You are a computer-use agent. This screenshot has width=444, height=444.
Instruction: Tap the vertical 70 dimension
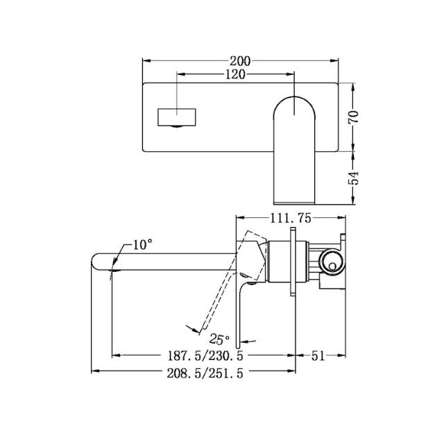point(353,116)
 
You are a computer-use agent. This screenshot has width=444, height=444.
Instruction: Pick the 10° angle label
point(142,244)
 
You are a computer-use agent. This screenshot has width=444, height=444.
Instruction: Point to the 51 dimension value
point(318,356)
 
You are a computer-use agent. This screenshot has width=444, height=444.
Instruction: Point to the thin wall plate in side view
point(299,264)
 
